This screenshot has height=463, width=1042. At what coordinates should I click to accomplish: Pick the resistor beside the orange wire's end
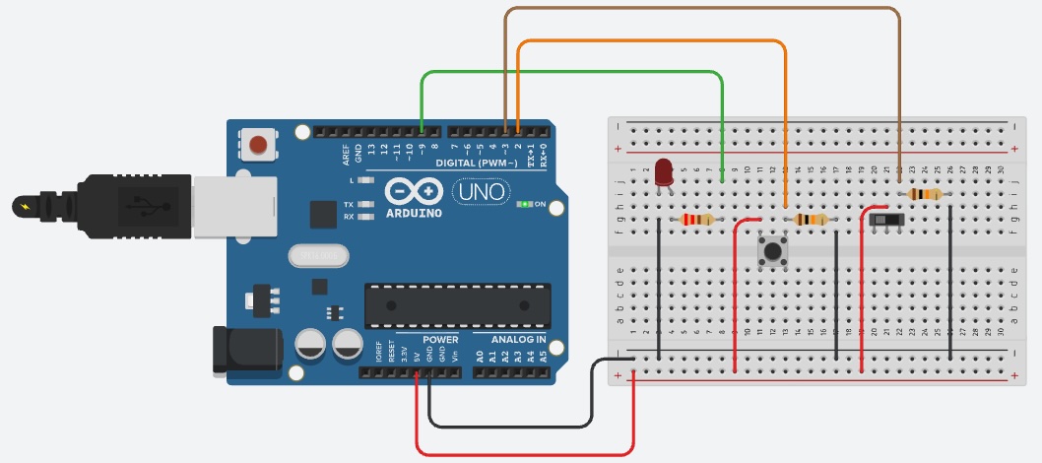click(811, 220)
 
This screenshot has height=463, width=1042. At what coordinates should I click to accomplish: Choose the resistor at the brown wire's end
click(924, 194)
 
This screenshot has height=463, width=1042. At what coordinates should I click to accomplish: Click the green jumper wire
click(571, 72)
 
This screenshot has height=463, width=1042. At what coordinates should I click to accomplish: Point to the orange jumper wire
click(650, 41)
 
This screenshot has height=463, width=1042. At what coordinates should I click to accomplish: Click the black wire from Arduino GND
click(512, 427)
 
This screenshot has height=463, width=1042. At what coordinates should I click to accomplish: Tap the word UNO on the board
click(480, 190)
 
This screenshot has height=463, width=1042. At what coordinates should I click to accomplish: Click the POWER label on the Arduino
click(440, 340)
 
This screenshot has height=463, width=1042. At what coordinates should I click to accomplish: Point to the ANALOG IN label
click(512, 340)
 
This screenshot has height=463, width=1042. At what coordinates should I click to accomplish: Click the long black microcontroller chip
click(457, 305)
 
